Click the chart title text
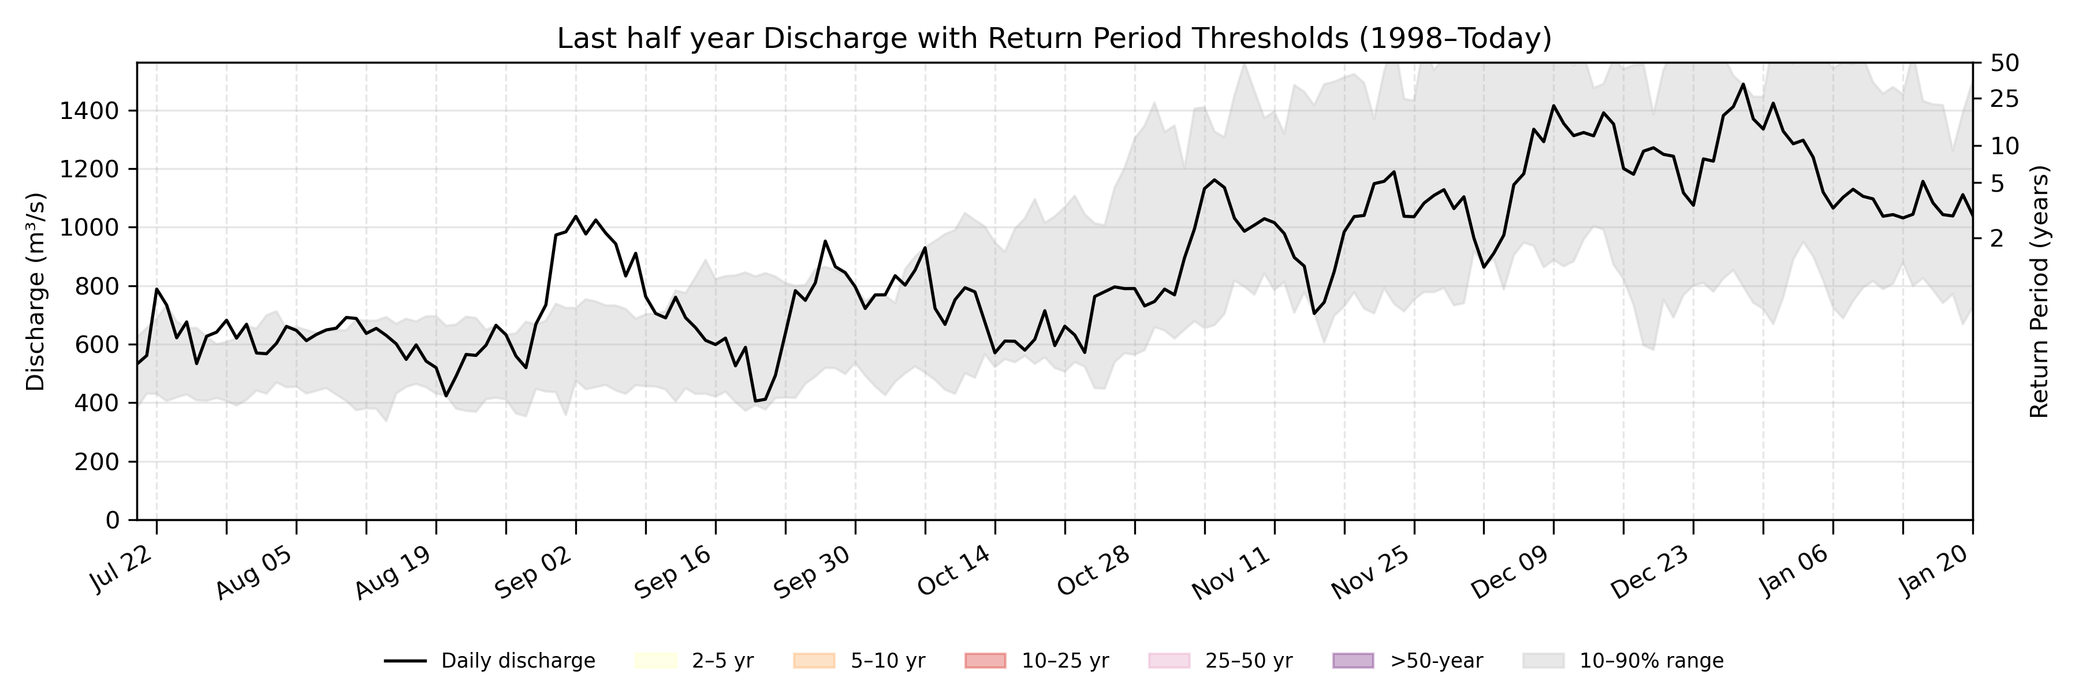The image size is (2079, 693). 1054,38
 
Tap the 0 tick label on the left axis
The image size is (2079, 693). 112,520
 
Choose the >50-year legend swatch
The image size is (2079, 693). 1352,661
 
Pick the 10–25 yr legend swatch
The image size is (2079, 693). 985,661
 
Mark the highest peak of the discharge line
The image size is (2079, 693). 1743,84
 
